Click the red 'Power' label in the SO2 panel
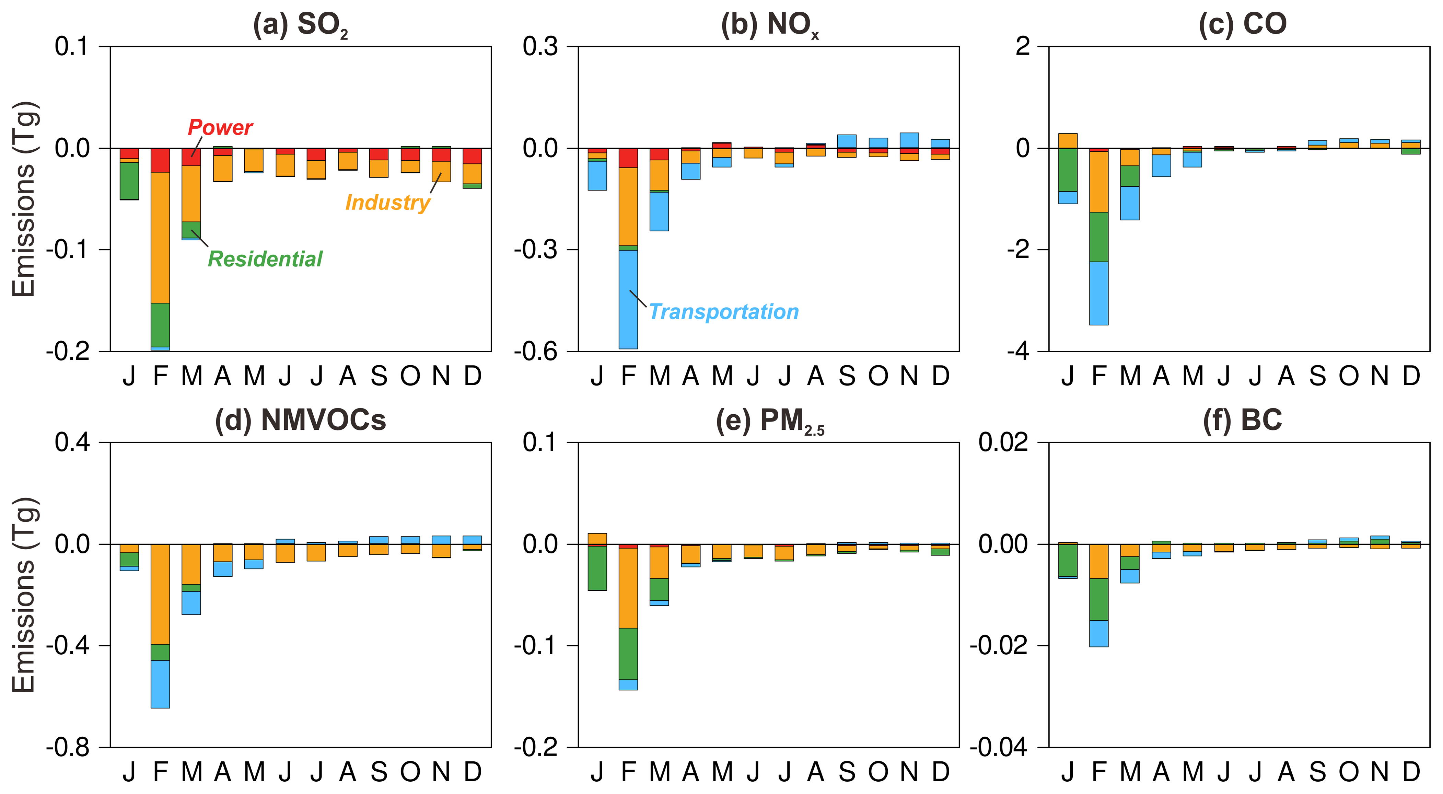coord(220,128)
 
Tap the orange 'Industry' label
coord(387,202)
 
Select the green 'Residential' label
coord(265,259)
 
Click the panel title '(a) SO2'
coord(301,25)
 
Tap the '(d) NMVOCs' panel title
coord(301,420)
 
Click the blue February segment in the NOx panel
coord(628,299)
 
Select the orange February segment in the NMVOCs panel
coord(160,594)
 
